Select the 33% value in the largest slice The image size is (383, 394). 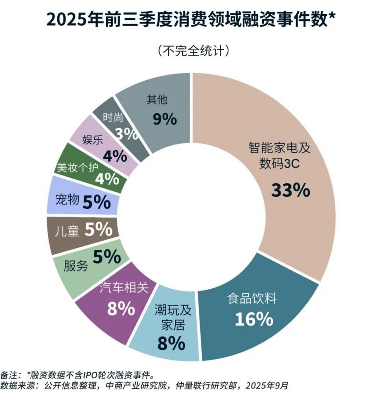(290, 190)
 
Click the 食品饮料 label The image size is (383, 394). (252, 298)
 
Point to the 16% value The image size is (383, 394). (254, 319)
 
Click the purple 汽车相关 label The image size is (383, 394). (124, 288)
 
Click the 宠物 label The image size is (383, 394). (67, 200)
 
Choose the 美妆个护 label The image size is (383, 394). (78, 167)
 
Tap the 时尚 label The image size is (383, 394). (113, 117)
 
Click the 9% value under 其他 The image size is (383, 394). (165, 119)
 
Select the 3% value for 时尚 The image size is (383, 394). (127, 134)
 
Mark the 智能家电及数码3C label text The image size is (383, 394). (279, 156)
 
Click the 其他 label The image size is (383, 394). (157, 100)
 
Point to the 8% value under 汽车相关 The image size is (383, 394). (121, 308)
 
